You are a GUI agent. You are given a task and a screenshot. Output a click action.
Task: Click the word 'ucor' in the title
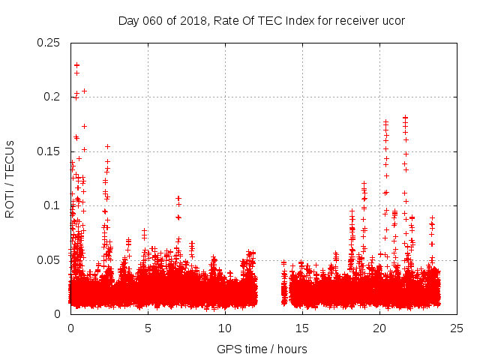click(x=392, y=21)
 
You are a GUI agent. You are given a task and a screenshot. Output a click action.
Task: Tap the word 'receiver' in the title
click(x=355, y=21)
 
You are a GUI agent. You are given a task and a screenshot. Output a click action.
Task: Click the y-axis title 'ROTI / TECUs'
click(x=10, y=178)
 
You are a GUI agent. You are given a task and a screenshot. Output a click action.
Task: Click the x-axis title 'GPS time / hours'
click(x=262, y=349)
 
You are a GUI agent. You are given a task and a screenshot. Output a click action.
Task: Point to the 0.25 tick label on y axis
click(x=49, y=43)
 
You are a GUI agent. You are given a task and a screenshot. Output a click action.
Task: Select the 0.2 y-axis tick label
click(x=52, y=97)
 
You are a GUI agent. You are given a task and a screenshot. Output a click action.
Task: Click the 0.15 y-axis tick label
click(x=49, y=151)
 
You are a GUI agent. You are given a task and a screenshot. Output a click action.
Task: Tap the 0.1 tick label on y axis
click(x=52, y=205)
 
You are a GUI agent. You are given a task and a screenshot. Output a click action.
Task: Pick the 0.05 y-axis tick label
click(x=49, y=260)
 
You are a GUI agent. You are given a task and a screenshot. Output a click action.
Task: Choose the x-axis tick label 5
click(x=148, y=328)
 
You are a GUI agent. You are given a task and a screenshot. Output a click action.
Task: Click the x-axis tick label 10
click(x=225, y=328)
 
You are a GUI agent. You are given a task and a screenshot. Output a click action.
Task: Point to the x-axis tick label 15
click(x=302, y=328)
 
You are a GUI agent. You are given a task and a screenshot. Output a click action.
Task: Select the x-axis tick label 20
click(x=380, y=328)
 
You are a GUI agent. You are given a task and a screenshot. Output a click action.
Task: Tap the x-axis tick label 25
click(x=457, y=328)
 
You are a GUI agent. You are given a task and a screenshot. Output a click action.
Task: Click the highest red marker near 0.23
click(x=76, y=65)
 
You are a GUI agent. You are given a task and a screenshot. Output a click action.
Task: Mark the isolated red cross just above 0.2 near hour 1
click(x=84, y=91)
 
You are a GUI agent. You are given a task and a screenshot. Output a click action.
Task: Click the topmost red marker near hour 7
click(x=178, y=199)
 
